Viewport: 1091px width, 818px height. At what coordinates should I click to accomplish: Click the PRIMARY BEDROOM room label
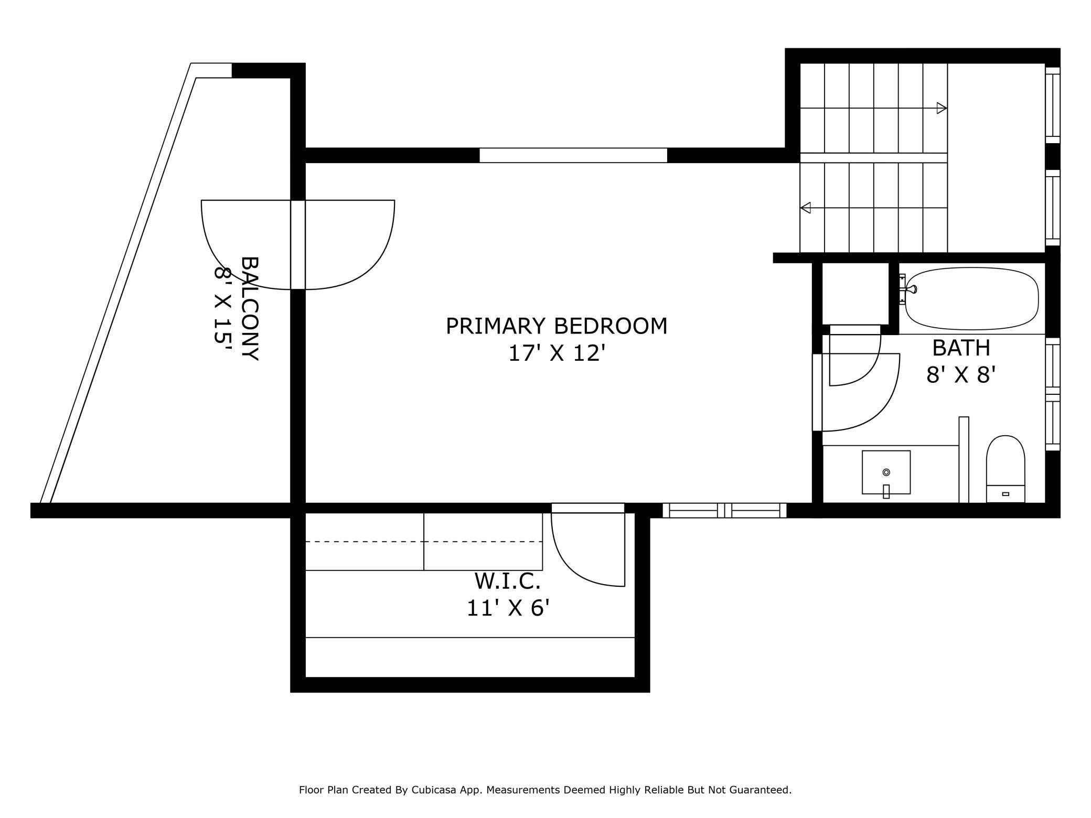pos(557,326)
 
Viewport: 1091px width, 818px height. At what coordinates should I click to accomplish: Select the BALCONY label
pos(250,308)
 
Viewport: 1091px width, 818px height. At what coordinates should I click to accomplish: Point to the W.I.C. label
pos(507,581)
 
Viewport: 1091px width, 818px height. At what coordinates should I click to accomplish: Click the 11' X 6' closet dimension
pos(508,608)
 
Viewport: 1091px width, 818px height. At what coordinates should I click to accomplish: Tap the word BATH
pos(961,348)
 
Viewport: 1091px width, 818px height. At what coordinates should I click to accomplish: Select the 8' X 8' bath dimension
pos(961,375)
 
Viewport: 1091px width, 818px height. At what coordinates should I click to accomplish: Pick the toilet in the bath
pos(1006,469)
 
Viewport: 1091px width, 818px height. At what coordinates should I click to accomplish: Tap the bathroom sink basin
pos(886,472)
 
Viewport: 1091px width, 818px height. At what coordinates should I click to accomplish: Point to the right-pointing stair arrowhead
pos(942,109)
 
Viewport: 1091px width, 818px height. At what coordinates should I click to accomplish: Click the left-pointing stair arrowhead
pos(805,208)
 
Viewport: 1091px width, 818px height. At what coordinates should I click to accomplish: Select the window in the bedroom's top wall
pos(573,155)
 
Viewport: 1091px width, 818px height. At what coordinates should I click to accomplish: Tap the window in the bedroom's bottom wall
pos(724,510)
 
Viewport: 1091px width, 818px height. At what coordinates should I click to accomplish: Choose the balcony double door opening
pos(298,244)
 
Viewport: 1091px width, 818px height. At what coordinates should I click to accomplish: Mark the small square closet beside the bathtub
pos(855,294)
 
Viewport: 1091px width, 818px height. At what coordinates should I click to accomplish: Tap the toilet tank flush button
pos(1006,494)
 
